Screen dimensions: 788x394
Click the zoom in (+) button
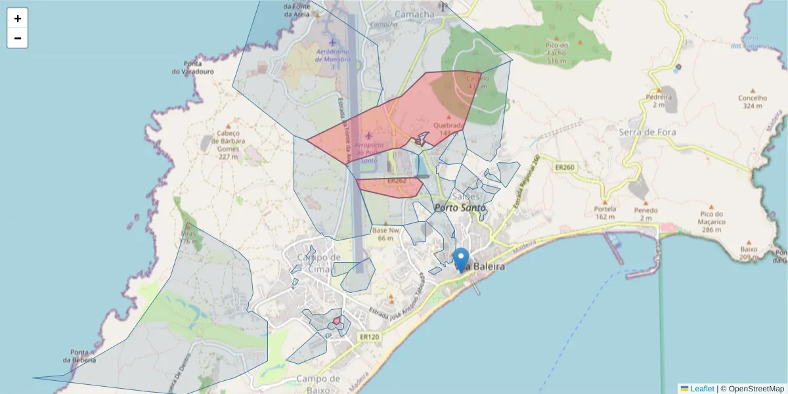coord(18,18)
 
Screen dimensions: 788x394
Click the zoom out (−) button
coord(18,38)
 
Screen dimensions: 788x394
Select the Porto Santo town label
coord(460,208)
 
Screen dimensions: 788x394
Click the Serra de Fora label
coord(647,132)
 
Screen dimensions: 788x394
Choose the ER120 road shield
coord(370,337)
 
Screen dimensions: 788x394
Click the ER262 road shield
coord(397,181)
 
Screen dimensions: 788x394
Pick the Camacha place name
coord(414,14)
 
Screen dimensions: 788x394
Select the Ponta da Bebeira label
coord(80,356)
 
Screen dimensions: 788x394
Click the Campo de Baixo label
coord(318,383)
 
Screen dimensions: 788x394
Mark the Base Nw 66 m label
coord(385,234)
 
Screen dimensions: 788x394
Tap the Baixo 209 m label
coord(748,253)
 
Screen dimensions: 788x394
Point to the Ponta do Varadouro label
coord(192,67)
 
